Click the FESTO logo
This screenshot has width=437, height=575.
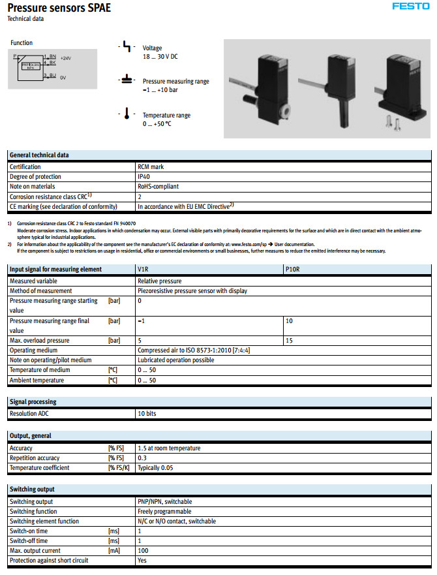410,7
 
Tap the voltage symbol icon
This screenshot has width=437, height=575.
127,48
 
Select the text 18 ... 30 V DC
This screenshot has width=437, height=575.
160,57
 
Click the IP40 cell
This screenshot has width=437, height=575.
143,177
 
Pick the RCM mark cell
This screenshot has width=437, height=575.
150,167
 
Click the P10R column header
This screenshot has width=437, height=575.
294,269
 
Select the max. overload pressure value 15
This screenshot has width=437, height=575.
290,341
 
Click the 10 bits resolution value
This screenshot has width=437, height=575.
147,414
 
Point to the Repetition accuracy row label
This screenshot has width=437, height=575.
35,458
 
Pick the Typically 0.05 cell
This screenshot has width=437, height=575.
156,468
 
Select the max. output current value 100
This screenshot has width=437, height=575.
143,551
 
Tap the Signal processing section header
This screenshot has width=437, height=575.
33,402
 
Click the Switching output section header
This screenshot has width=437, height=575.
32,490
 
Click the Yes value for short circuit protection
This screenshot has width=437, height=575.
142,561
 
